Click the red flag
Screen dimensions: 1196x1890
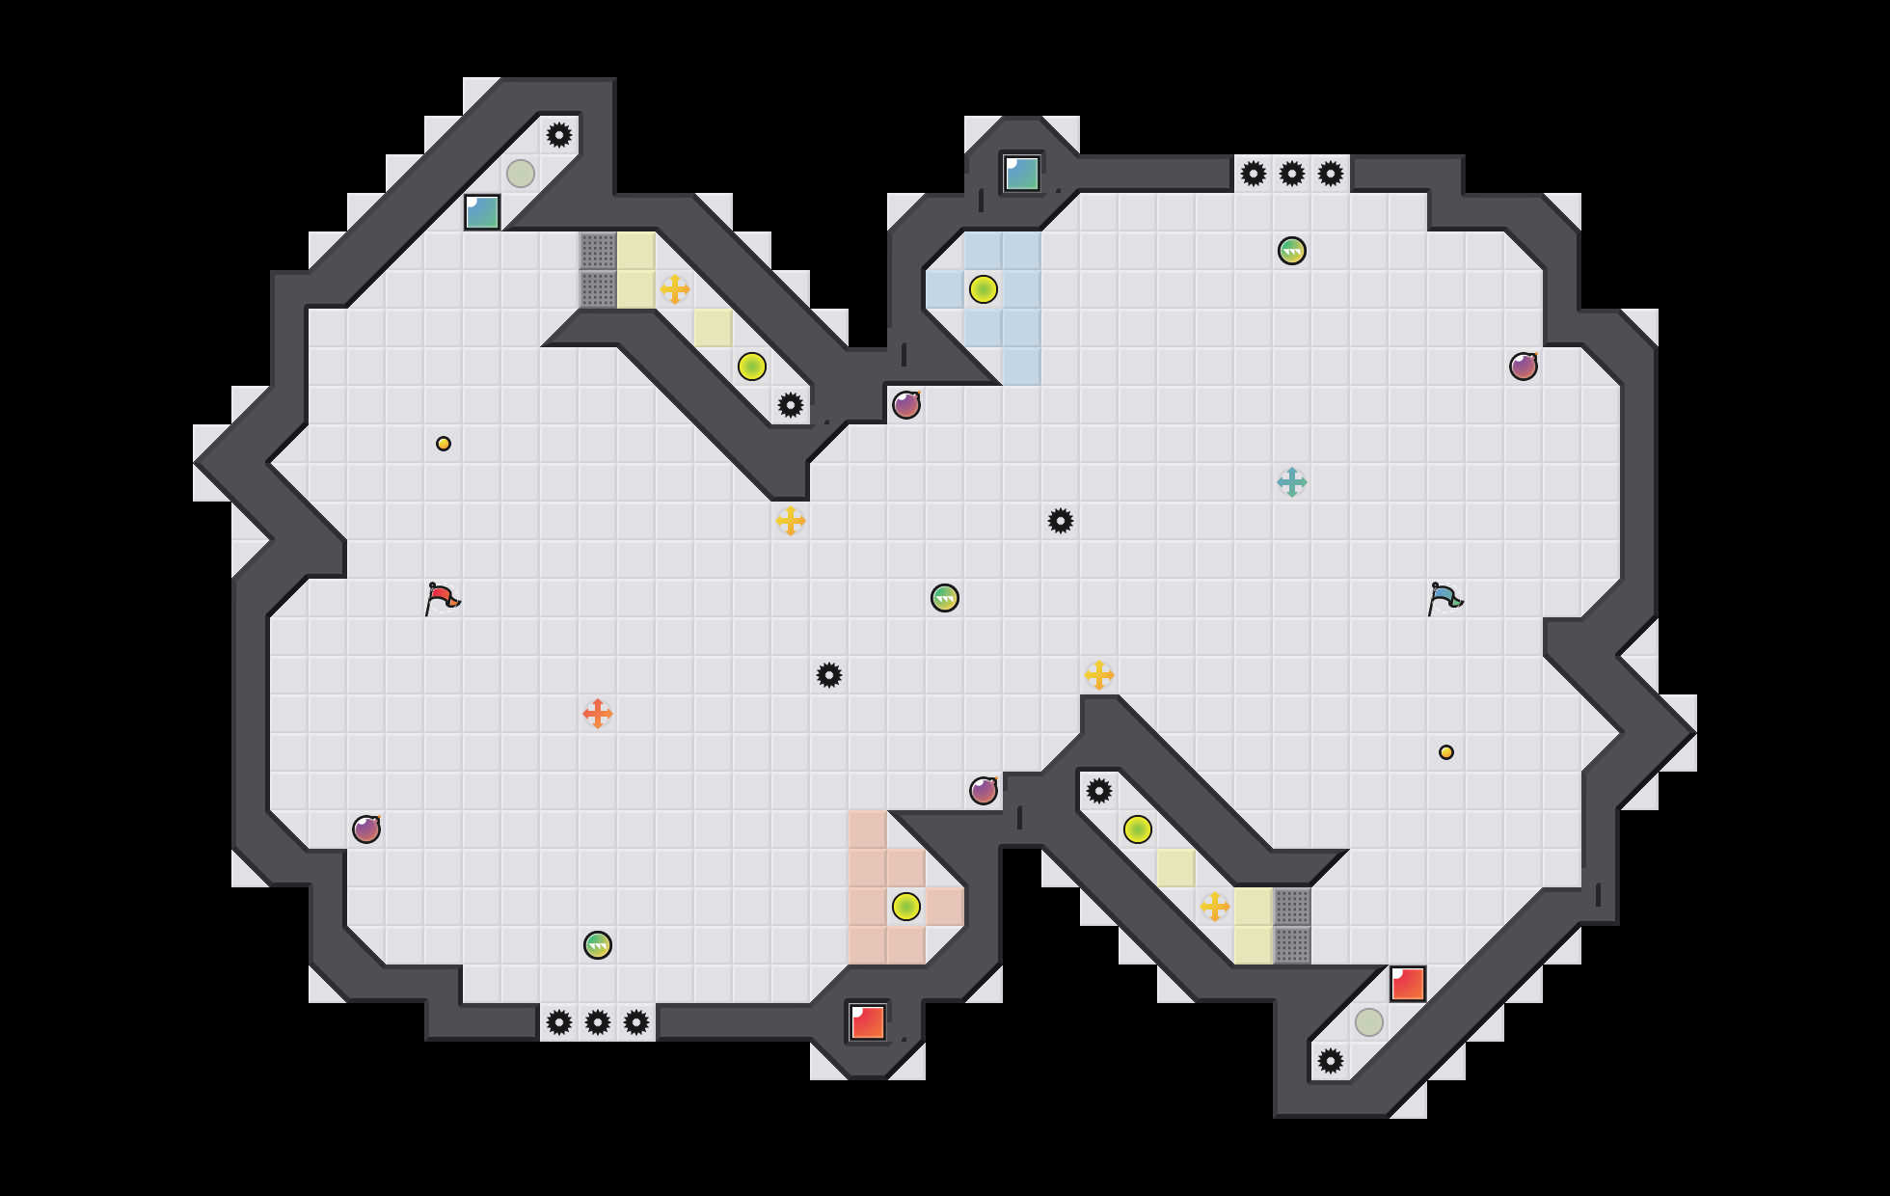(442, 598)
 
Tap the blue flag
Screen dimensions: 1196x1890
(1444, 598)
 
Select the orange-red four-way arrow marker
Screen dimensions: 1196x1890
(598, 714)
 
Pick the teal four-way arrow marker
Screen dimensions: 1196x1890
(1292, 482)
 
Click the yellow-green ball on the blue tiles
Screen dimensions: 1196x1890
(984, 289)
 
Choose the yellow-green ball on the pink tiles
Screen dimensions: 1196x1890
(906, 907)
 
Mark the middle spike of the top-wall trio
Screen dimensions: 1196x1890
(1292, 174)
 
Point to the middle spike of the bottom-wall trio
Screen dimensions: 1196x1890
(598, 1022)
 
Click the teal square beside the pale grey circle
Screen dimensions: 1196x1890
(482, 212)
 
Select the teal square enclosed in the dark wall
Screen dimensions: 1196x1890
(1022, 174)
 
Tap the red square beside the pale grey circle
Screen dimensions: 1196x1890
(1408, 984)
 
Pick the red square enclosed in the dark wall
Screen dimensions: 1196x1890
(868, 1022)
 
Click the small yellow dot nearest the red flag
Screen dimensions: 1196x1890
(444, 444)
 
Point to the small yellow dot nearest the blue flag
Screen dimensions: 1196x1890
(1446, 752)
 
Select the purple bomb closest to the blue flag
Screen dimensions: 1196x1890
(1524, 367)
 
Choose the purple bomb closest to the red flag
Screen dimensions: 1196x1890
(366, 829)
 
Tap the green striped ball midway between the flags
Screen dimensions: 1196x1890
(945, 598)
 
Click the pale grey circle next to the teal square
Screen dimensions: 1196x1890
(521, 174)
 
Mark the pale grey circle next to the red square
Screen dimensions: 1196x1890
(1369, 1022)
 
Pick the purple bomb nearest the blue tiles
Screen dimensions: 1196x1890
(906, 405)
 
